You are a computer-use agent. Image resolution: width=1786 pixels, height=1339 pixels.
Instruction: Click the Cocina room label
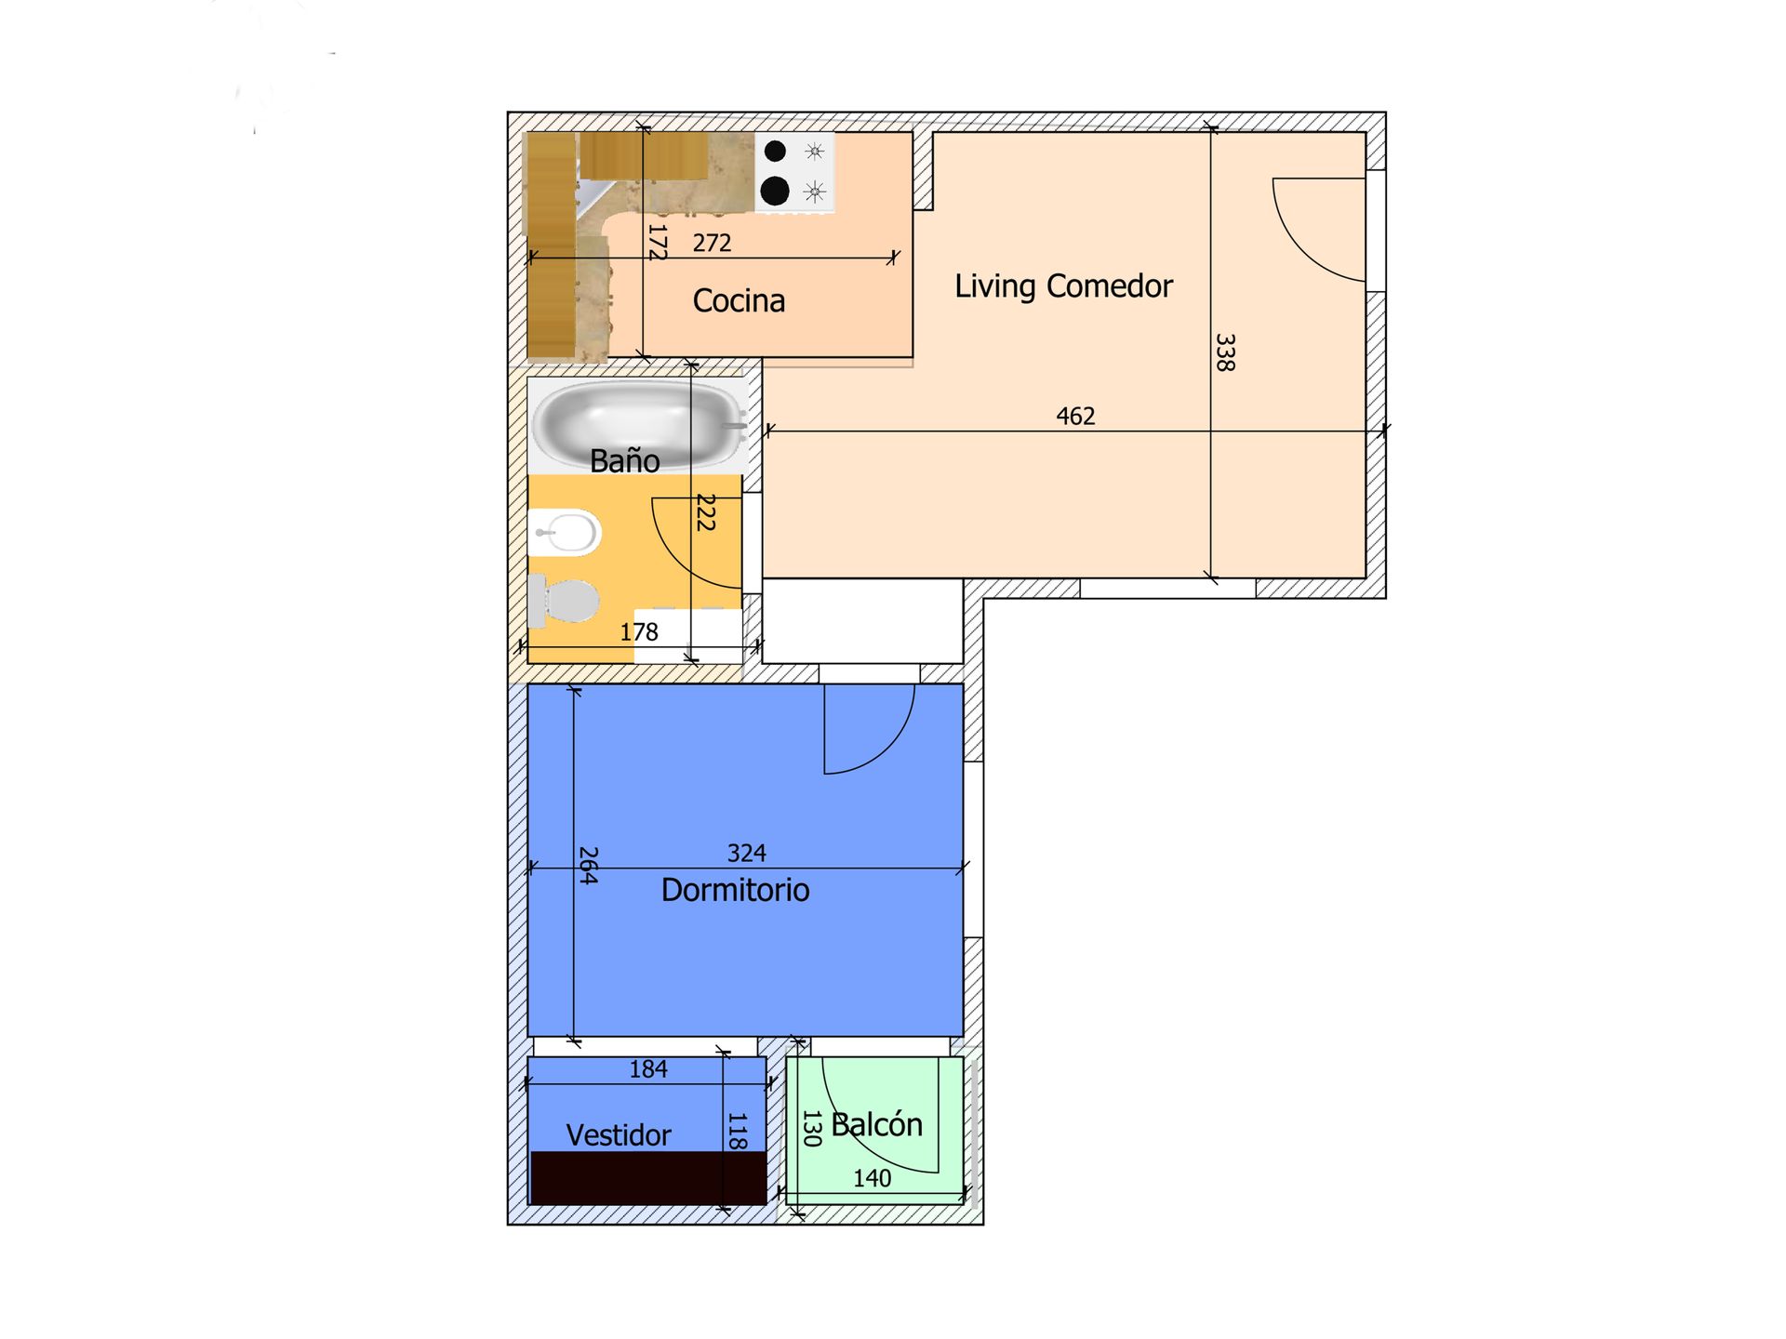(x=739, y=300)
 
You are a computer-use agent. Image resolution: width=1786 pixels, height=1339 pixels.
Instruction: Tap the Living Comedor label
(x=1063, y=286)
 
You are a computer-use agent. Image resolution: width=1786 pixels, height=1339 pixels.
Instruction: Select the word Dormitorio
(x=735, y=890)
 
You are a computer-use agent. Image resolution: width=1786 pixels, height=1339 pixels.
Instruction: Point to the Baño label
(x=625, y=459)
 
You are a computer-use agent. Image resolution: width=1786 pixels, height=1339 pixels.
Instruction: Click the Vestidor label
(x=619, y=1135)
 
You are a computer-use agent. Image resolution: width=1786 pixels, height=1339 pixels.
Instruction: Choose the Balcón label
(x=876, y=1125)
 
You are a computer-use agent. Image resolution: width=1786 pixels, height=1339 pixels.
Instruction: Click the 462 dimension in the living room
(x=1075, y=416)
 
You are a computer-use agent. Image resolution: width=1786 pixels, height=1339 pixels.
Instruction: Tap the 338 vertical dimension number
(x=1226, y=353)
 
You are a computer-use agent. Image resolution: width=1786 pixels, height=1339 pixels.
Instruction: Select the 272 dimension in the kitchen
(x=712, y=243)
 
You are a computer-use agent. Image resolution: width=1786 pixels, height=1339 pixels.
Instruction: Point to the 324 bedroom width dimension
(x=746, y=853)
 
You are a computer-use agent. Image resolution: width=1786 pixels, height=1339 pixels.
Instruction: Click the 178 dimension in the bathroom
(x=639, y=632)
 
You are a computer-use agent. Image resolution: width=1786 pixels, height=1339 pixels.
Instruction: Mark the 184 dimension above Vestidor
(x=648, y=1069)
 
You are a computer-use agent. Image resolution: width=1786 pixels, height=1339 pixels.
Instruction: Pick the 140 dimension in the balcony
(x=873, y=1178)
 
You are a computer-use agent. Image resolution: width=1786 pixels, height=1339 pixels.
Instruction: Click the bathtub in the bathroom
(x=639, y=424)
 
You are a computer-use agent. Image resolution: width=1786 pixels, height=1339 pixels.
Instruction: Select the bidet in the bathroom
(x=565, y=533)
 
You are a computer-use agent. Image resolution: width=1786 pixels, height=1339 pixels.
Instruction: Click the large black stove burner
(x=775, y=191)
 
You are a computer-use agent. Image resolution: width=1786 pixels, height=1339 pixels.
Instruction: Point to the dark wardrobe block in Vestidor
(x=648, y=1178)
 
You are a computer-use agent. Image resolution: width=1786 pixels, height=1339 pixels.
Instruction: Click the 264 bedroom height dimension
(x=588, y=865)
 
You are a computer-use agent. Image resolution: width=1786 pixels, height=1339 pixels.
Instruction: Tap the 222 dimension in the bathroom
(x=706, y=512)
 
